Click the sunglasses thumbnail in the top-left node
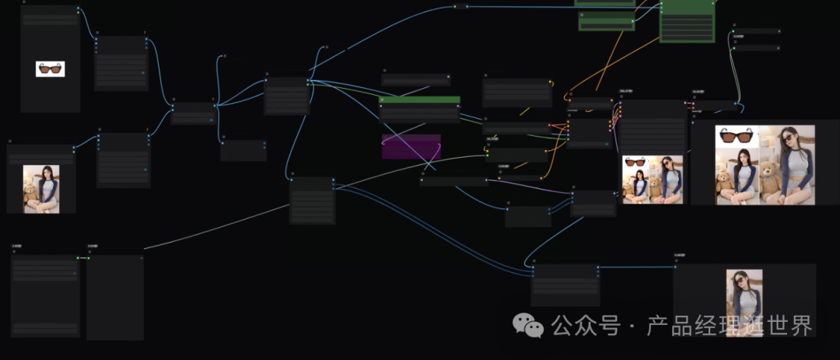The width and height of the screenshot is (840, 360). coord(50,69)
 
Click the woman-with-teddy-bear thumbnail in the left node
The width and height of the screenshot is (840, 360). coord(41,188)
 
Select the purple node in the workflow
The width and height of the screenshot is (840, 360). coord(411,146)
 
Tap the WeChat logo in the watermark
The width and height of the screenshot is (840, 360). coord(532,326)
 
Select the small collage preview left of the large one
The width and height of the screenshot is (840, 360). coord(653,179)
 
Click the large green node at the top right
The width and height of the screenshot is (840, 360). coord(687,21)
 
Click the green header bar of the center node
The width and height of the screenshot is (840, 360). coord(419,100)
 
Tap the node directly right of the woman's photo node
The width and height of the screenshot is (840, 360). coord(123,160)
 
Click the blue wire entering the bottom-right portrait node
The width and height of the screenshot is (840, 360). coord(638,267)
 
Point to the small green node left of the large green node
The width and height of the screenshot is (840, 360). coord(606,19)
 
